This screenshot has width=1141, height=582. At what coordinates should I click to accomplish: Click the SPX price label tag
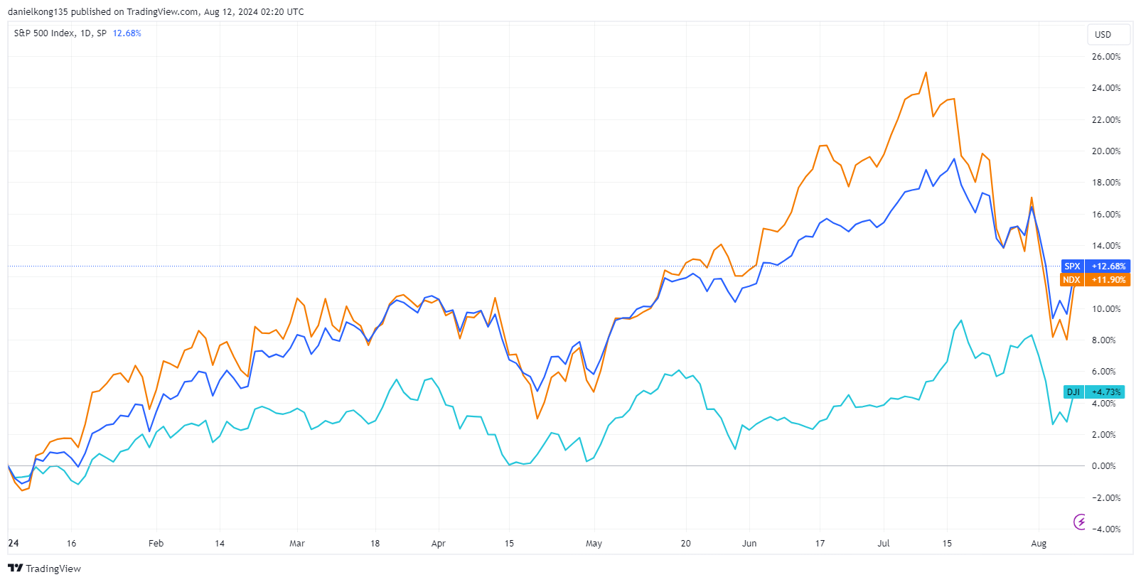(x=1072, y=266)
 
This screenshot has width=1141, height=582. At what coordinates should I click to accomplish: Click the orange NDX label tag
(x=1071, y=280)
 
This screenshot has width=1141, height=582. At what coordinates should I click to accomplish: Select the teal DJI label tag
(x=1073, y=392)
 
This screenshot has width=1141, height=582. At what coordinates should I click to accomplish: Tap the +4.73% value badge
(x=1106, y=392)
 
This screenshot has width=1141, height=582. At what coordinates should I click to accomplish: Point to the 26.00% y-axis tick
(x=1105, y=57)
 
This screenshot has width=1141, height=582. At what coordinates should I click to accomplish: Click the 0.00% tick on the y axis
(x=1104, y=466)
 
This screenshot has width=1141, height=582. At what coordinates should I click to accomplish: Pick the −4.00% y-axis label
(x=1105, y=529)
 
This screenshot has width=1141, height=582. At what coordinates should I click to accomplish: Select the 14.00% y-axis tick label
(x=1105, y=246)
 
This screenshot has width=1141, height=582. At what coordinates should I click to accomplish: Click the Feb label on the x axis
(x=156, y=544)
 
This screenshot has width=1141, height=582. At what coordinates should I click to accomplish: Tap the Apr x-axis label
(x=439, y=544)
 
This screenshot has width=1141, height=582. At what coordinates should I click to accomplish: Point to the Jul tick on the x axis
(x=883, y=544)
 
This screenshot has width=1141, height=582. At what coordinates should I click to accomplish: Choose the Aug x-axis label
(x=1039, y=544)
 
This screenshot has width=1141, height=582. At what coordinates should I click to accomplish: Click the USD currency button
(x=1103, y=35)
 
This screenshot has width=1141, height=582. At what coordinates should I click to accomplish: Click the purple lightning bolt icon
(x=1080, y=522)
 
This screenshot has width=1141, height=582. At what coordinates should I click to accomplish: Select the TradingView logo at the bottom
(x=44, y=568)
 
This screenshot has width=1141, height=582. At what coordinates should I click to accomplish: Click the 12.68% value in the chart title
(x=127, y=33)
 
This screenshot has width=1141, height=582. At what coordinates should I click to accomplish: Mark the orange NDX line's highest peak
(x=926, y=72)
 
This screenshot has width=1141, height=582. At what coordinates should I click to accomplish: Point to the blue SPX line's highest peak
(x=954, y=159)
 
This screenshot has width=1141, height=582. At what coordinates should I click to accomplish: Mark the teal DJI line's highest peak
(x=961, y=320)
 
